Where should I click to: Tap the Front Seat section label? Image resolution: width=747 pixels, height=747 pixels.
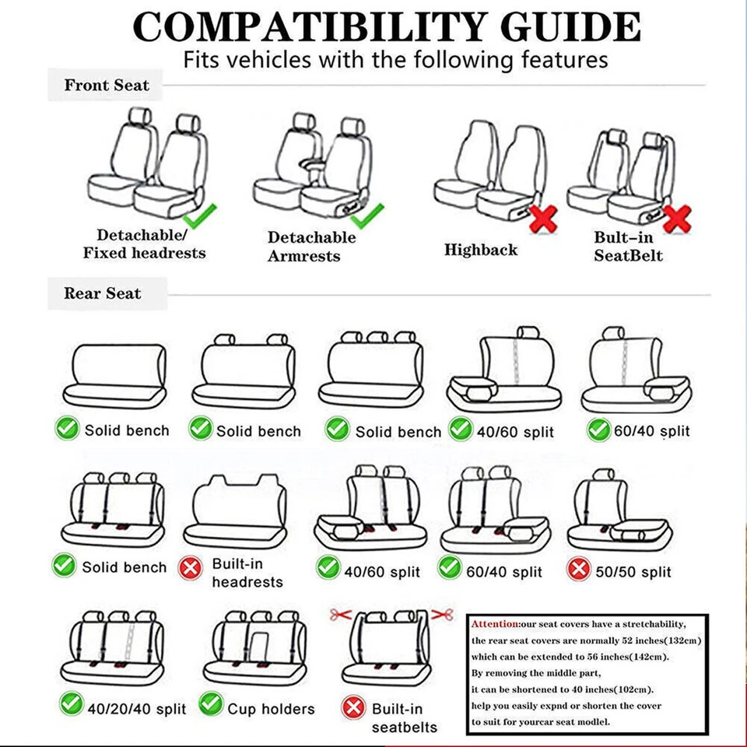(x=106, y=85)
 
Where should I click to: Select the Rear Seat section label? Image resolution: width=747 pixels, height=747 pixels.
(x=102, y=293)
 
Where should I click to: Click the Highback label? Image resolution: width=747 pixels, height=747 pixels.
(x=480, y=250)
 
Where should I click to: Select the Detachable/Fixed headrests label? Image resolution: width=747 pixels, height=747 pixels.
(x=144, y=244)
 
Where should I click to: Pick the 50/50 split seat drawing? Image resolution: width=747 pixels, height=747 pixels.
(x=619, y=514)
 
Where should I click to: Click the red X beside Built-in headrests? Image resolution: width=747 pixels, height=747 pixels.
(x=191, y=568)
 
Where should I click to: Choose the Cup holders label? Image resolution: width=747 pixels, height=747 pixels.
(x=271, y=708)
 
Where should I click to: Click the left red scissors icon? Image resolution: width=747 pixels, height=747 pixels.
(x=337, y=615)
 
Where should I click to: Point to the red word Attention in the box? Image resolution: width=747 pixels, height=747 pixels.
(x=494, y=624)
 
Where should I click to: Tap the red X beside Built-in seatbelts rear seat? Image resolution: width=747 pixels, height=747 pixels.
(x=354, y=708)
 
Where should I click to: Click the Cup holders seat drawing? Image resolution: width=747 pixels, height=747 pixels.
(x=251, y=647)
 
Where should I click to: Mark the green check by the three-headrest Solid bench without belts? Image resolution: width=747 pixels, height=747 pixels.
(x=337, y=429)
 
